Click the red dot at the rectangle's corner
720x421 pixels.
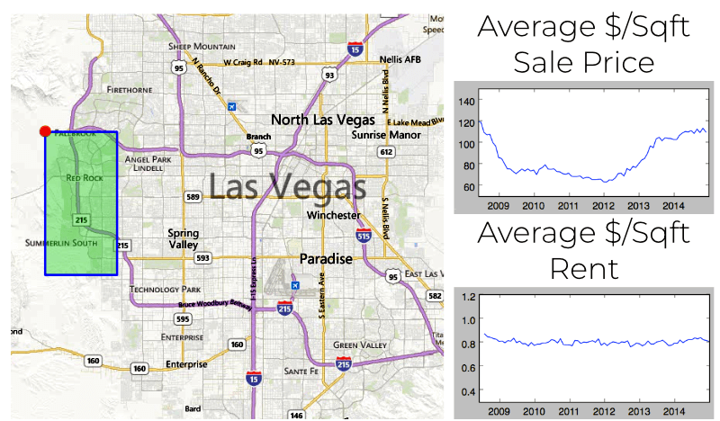45,131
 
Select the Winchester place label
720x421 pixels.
333,216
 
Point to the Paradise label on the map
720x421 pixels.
326,258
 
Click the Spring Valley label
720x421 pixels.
183,238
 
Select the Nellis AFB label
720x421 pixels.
400,59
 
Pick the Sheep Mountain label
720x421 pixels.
202,46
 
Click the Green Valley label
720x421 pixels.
359,345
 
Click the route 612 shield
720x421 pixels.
386,152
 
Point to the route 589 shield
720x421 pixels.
193,196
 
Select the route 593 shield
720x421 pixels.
203,257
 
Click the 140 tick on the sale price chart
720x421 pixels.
465,101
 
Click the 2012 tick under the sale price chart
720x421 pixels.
604,206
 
